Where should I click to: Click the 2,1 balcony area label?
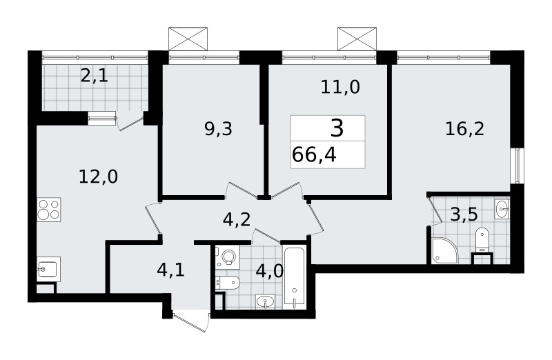pyautogui.click(x=94, y=76)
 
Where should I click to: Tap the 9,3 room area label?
pyautogui.click(x=218, y=129)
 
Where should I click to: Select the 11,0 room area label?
pyautogui.click(x=340, y=87)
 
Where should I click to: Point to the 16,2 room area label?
pyautogui.click(x=464, y=129)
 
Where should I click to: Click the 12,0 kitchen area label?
pyautogui.click(x=98, y=177)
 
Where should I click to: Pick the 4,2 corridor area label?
pyautogui.click(x=237, y=219)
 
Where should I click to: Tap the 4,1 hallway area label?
pyautogui.click(x=170, y=270)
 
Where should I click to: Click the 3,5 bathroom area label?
pyautogui.click(x=464, y=214)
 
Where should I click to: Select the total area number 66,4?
pyautogui.click(x=314, y=155)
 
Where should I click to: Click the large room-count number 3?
pyautogui.click(x=337, y=128)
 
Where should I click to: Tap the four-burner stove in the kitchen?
pyautogui.click(x=49, y=210)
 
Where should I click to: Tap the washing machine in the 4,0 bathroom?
pyautogui.click(x=228, y=257)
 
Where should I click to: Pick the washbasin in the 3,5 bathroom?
pyautogui.click(x=502, y=210)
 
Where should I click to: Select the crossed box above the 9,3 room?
pyautogui.click(x=188, y=39)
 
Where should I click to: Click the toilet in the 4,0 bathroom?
pyautogui.click(x=228, y=282)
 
